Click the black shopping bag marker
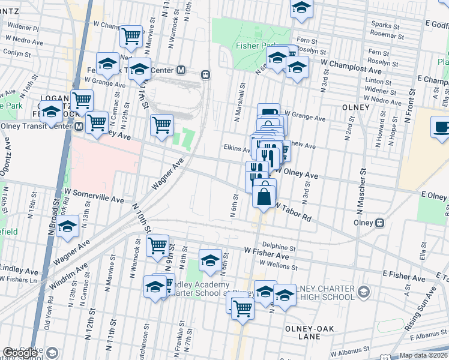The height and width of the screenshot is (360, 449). (264, 195)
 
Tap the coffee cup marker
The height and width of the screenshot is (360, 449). (442, 127)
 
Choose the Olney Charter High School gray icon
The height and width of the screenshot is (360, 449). (363, 292)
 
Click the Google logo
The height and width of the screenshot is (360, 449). (19, 353)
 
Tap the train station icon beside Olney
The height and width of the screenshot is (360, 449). (379, 223)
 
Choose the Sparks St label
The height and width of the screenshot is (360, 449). (385, 26)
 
